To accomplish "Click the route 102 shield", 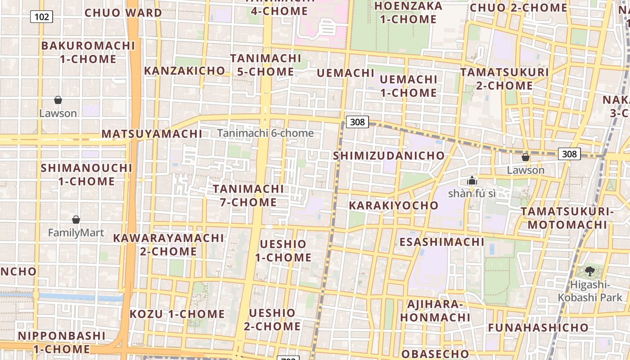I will click(x=42, y=17).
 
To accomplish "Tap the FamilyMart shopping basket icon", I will click(x=76, y=220).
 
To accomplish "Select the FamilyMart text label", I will click(x=76, y=233).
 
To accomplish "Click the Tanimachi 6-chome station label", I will click(x=265, y=133).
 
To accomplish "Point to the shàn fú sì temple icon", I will click(x=472, y=181).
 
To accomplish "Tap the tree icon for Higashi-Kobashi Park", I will click(x=590, y=271).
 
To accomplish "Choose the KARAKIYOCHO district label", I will click(x=394, y=206).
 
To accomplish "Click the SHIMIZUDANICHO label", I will click(x=389, y=156).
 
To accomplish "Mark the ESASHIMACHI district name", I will click(x=442, y=242).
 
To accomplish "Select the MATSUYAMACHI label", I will click(x=152, y=134).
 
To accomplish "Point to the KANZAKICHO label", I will click(x=184, y=71).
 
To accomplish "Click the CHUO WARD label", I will click(x=123, y=13).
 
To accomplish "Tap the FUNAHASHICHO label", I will click(x=538, y=328).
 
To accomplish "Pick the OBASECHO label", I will click(x=435, y=353).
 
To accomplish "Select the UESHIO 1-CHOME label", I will click(x=283, y=251).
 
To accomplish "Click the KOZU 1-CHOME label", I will click(x=177, y=314).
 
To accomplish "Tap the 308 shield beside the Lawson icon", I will click(x=569, y=154).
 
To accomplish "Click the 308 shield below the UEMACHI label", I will click(x=357, y=121).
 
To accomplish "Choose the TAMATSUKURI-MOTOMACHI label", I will click(x=567, y=218).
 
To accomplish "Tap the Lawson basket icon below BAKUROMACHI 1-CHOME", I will click(x=58, y=100).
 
